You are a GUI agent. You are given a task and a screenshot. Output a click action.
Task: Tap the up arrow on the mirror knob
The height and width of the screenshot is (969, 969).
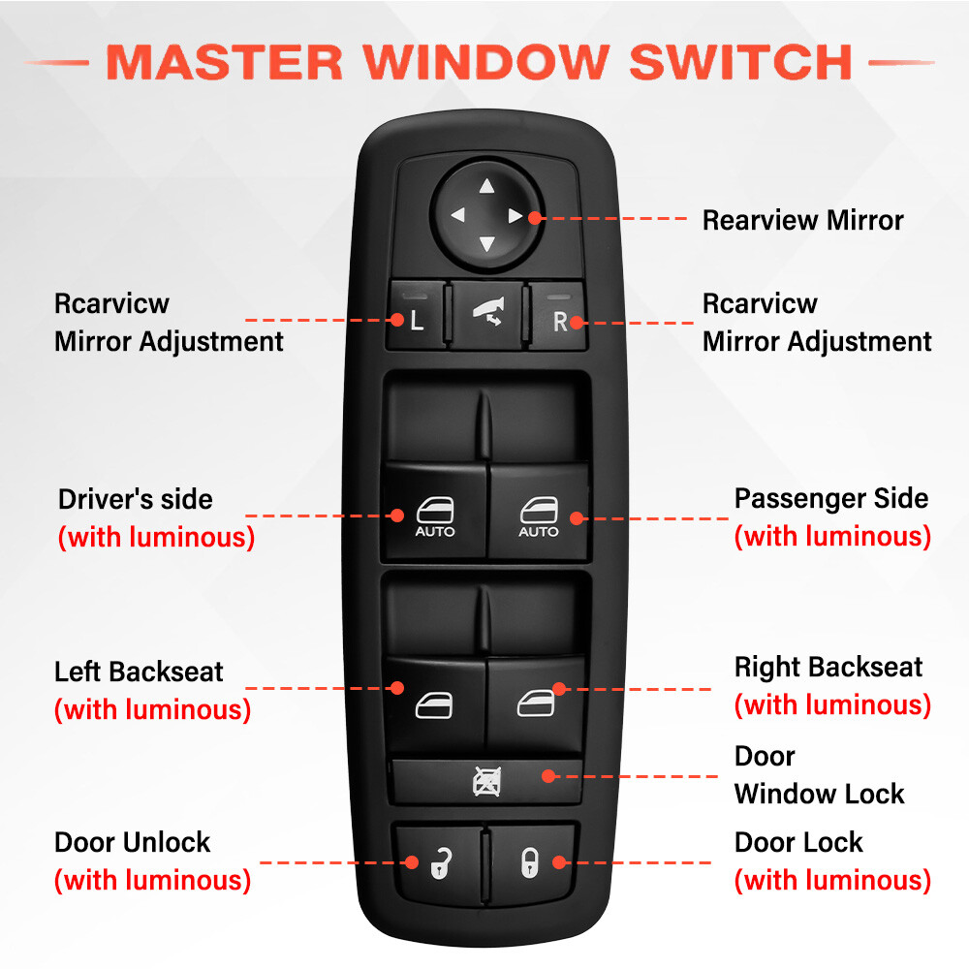click(x=486, y=188)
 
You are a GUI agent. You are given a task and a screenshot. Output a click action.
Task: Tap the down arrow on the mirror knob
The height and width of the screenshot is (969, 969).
click(x=486, y=243)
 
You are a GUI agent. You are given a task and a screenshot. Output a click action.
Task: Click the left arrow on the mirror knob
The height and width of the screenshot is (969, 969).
click(x=457, y=216)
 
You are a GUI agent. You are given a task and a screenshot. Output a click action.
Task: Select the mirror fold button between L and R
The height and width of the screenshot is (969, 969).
click(x=486, y=315)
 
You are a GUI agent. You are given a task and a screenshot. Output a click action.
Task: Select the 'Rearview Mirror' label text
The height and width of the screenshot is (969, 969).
click(x=802, y=220)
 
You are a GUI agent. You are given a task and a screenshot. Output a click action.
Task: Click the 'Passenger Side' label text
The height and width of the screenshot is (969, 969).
click(x=830, y=499)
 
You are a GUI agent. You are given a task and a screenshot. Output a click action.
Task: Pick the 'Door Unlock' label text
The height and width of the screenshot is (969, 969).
click(x=132, y=842)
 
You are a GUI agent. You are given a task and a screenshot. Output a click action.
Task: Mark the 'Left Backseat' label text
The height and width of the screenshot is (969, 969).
click(x=139, y=672)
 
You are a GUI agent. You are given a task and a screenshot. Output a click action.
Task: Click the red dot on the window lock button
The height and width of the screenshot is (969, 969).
click(x=548, y=776)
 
